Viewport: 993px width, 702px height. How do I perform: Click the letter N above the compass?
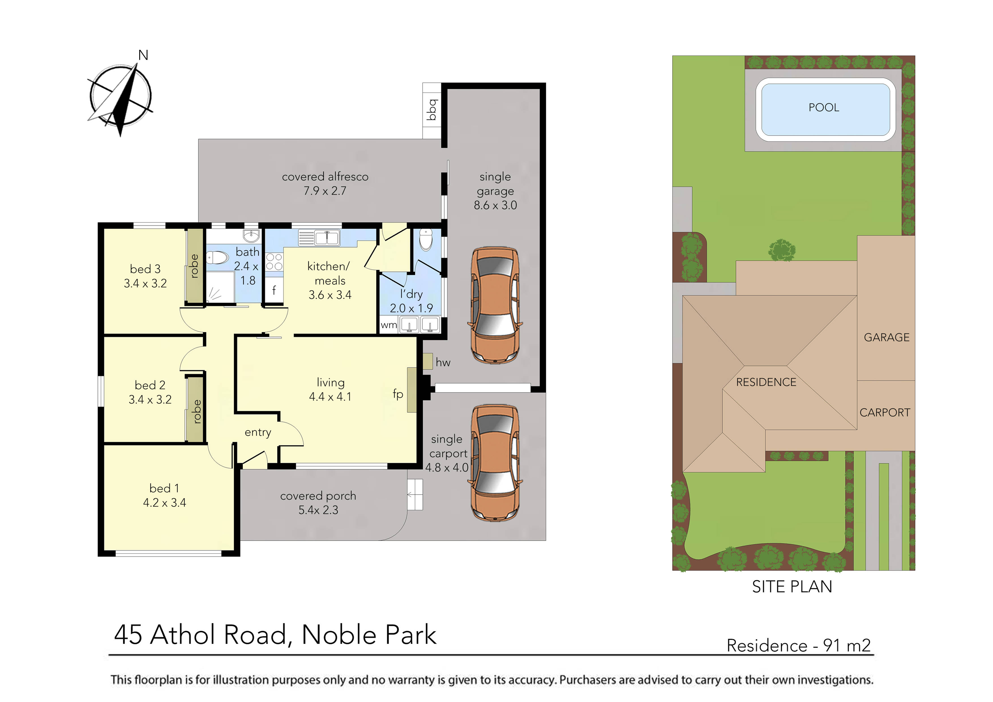143,55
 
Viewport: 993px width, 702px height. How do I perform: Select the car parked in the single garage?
495,305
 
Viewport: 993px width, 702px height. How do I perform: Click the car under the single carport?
495,462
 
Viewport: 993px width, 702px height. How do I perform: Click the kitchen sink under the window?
327,238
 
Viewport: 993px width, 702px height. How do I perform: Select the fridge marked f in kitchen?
274,290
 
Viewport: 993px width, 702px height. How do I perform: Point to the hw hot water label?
443,362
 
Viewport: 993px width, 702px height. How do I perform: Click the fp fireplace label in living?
397,394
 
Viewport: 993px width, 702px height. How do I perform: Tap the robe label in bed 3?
194,266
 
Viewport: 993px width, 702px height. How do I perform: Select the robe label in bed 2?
197,411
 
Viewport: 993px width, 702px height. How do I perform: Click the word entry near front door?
258,433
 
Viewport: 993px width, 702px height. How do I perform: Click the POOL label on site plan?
823,108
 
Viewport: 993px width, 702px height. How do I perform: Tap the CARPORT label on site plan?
885,413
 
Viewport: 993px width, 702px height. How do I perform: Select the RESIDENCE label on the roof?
766,382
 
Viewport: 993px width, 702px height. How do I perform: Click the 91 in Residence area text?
831,646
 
